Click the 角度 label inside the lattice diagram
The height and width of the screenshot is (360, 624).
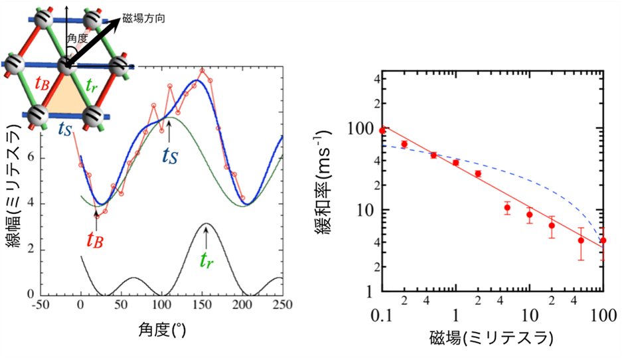[x=78, y=39]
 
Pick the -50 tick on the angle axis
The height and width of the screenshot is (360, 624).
[x=42, y=306]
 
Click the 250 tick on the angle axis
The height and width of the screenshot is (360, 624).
[x=282, y=306]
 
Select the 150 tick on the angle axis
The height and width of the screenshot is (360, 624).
[x=202, y=306]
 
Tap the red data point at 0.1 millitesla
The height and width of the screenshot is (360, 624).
[x=382, y=131]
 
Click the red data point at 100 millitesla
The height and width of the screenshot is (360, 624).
[x=602, y=240]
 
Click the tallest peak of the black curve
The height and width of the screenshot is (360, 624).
[x=207, y=224]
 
